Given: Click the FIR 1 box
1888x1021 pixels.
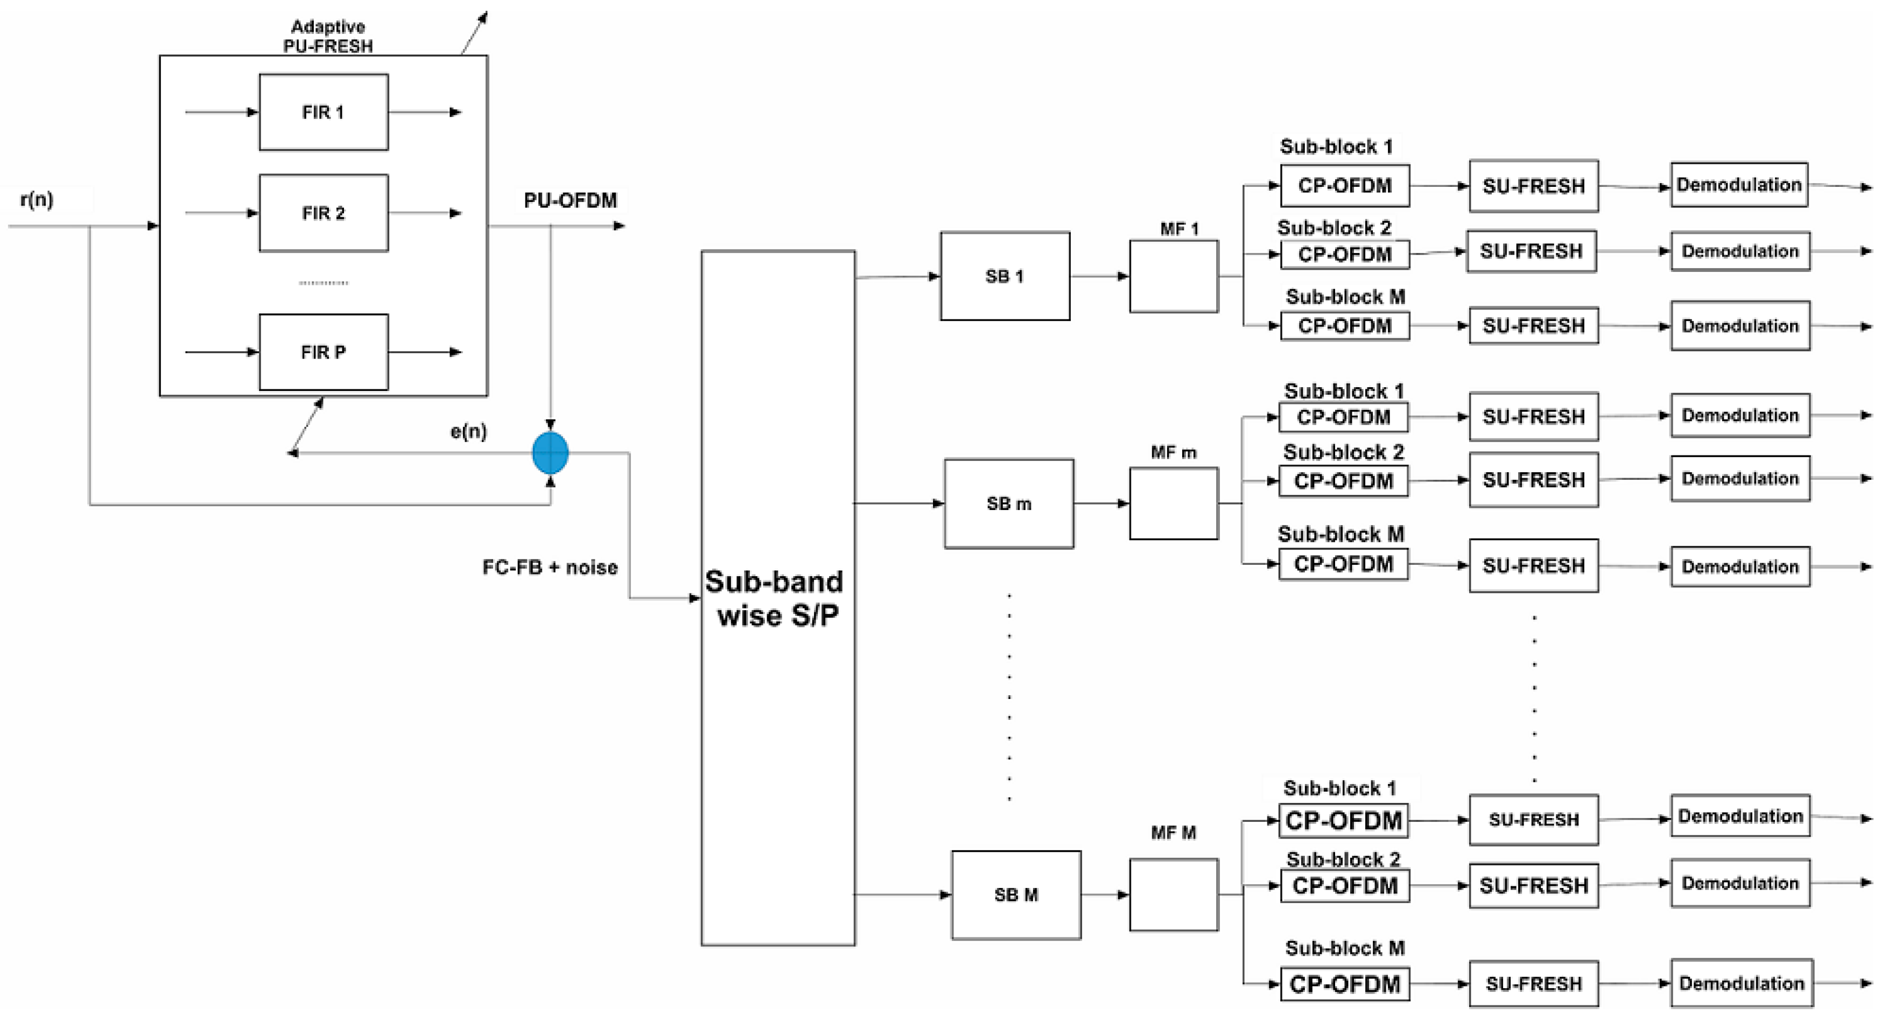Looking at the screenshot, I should [x=323, y=112].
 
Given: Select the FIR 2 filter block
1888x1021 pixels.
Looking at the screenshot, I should [x=323, y=213].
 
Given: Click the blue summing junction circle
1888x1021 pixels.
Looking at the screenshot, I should [x=550, y=453].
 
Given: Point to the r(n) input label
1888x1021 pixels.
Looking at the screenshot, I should [x=37, y=199].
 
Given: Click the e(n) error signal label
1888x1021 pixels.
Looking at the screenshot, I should [x=468, y=432].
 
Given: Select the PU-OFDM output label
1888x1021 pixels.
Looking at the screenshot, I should [x=570, y=201].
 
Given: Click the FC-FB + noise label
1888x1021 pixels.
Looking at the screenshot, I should [x=550, y=567].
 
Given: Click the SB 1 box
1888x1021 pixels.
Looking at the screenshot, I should [x=1005, y=276].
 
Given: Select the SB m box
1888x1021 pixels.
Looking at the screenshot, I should [x=1008, y=503].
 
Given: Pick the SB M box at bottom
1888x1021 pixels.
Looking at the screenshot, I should [x=1016, y=895].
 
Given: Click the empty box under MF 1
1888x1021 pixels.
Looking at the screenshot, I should [x=1174, y=276].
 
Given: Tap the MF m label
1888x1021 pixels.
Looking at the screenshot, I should [x=1174, y=453].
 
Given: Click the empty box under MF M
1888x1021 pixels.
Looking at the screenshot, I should [x=1174, y=895].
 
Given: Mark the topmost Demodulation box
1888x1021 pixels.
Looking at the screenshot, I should [x=1738, y=185].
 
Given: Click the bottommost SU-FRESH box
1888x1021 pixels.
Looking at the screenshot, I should [x=1533, y=984].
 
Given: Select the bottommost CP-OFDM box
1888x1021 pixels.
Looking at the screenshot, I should [x=1344, y=984].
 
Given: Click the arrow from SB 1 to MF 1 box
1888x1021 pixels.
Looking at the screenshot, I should [x=1099, y=276].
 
